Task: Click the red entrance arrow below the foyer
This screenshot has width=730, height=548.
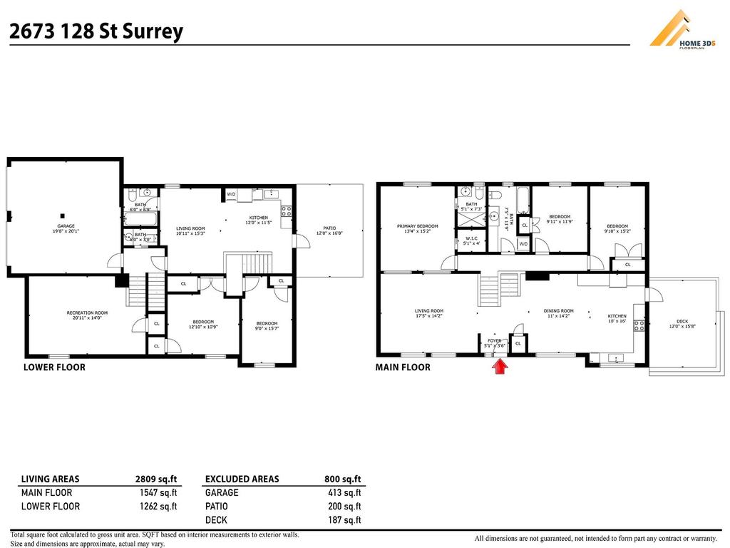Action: click(x=500, y=366)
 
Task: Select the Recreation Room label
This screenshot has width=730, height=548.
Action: click(x=87, y=315)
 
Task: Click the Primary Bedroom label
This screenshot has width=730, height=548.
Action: click(x=417, y=228)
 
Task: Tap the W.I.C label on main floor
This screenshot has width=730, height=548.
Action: click(x=471, y=240)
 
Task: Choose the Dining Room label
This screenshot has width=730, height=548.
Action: click(x=558, y=313)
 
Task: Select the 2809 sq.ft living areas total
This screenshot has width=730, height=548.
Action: click(x=156, y=479)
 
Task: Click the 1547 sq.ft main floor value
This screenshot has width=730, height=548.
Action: click(x=159, y=493)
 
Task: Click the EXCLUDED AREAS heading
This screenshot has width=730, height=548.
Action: click(x=242, y=479)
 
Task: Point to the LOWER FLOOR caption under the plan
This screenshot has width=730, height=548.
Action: click(x=54, y=367)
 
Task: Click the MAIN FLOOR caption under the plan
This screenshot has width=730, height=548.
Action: click(x=403, y=367)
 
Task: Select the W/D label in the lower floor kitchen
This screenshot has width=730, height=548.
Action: click(x=231, y=194)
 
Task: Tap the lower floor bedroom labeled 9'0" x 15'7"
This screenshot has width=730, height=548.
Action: click(x=267, y=325)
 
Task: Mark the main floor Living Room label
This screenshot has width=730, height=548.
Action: click(x=429, y=313)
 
